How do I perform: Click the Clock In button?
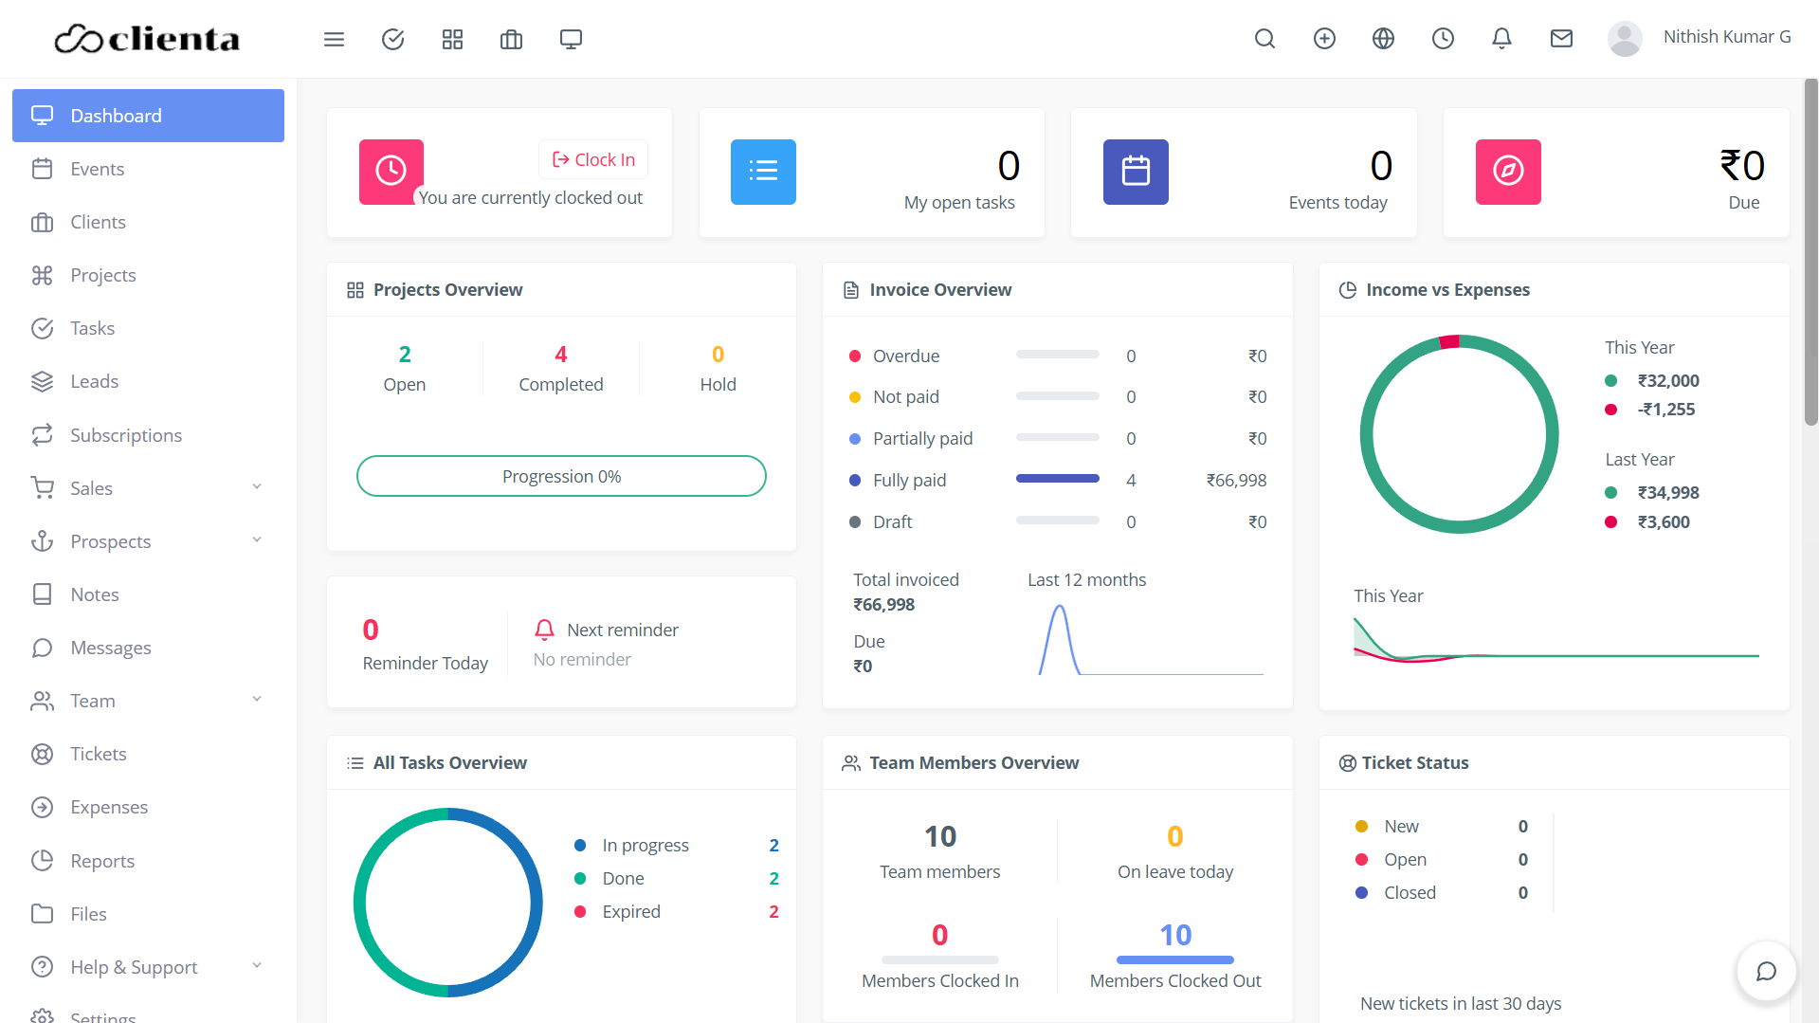click(593, 159)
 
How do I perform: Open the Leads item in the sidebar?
click(94, 381)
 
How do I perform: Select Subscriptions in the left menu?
click(125, 435)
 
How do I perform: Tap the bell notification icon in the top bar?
click(1501, 39)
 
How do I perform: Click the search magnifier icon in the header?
click(1264, 39)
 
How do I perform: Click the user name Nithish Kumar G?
click(1726, 37)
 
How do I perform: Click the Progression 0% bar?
click(561, 476)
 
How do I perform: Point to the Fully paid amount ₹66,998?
click(1236, 481)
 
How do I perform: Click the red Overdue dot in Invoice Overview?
click(855, 356)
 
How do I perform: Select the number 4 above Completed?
click(560, 355)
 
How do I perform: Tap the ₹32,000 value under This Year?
click(1667, 381)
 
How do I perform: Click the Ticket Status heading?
click(1414, 763)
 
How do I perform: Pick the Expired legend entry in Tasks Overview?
click(631, 912)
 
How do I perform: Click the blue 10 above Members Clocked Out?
click(1175, 935)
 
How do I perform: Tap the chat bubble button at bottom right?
click(1765, 971)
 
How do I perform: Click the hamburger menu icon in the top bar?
click(334, 39)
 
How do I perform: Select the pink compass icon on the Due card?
click(1507, 172)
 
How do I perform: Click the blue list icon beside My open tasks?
click(763, 172)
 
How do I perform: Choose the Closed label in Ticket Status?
click(1410, 893)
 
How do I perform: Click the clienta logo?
click(147, 39)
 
